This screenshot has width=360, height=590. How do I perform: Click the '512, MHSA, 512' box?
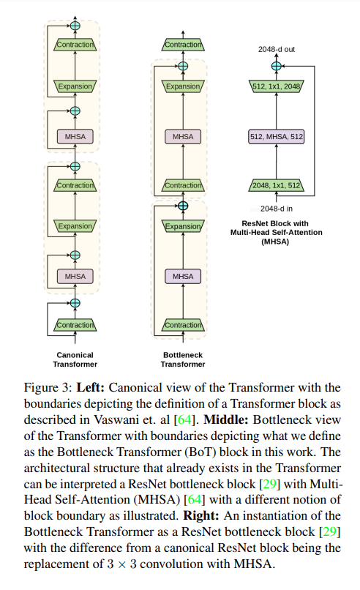[277, 136]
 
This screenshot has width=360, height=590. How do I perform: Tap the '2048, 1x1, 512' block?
[277, 184]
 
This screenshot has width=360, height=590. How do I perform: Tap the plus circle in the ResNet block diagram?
[277, 67]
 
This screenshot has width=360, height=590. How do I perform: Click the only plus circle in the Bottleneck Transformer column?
[183, 206]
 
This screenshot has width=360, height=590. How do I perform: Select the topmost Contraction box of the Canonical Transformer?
[75, 45]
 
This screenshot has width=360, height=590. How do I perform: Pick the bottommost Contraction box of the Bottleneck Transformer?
[183, 324]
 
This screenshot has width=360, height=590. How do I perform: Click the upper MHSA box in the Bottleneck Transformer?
[183, 136]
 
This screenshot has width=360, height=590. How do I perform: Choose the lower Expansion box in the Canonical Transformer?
[75, 227]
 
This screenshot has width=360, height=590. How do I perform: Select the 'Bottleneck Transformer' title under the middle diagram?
[183, 359]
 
